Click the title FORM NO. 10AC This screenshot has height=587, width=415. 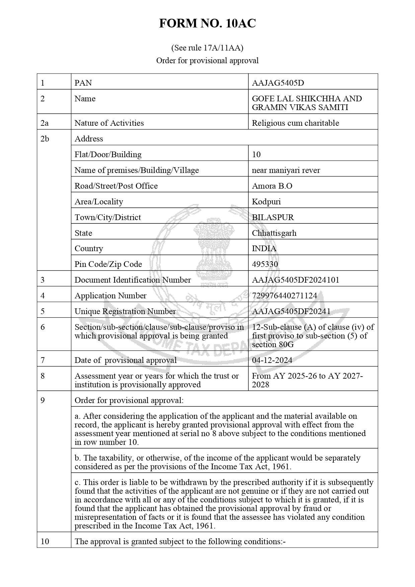[x=207, y=23]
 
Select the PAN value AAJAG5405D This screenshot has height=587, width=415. [x=278, y=83]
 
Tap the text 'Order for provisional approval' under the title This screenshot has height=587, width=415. [x=207, y=61]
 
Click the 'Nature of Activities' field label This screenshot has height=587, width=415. [x=109, y=123]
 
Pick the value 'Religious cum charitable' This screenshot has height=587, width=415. [x=295, y=123]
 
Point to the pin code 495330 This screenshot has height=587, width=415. [x=265, y=264]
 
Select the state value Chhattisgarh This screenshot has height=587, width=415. [x=274, y=233]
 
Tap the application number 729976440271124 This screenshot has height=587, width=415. [x=284, y=296]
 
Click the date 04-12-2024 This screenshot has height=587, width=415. [x=272, y=360]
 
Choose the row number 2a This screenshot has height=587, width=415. [x=45, y=123]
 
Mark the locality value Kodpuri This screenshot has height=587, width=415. [x=266, y=202]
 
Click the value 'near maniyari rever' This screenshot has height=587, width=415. [x=286, y=170]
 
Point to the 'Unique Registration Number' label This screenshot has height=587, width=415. [x=125, y=311]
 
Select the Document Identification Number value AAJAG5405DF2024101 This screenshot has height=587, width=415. [x=296, y=280]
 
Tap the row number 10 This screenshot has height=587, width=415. [x=45, y=541]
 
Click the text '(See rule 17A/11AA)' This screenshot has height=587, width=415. [x=207, y=48]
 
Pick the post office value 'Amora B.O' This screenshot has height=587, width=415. [x=272, y=186]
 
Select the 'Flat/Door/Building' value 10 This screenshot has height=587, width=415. [x=256, y=155]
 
